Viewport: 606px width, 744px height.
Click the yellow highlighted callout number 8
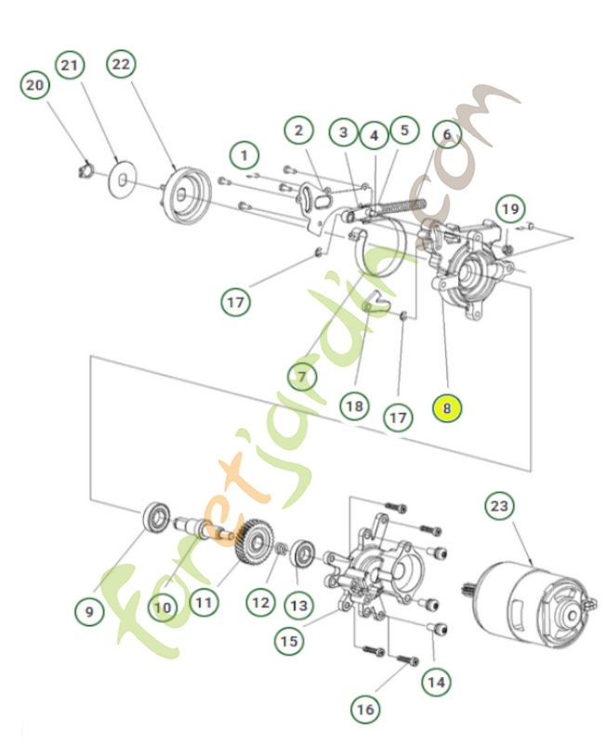pos(447,407)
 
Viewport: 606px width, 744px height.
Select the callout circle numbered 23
pos(499,507)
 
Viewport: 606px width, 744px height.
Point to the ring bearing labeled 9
pos(155,516)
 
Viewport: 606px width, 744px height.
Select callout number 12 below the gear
pos(259,604)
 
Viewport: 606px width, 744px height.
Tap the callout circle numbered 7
pos(301,377)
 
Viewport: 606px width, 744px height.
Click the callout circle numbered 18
pos(353,406)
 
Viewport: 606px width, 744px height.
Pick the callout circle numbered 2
pos(297,131)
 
